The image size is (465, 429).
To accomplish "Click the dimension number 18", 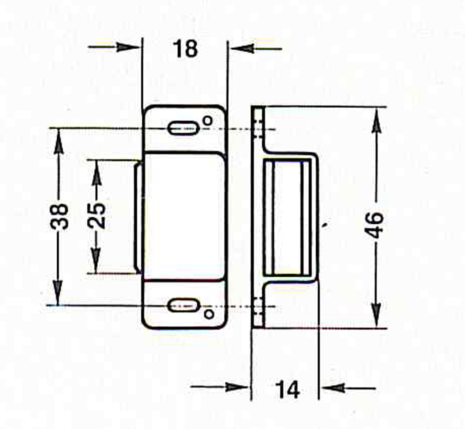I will pyautogui.click(x=185, y=48).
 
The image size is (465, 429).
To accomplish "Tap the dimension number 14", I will pyautogui.click(x=287, y=389).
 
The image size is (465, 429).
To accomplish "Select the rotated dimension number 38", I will pyautogui.click(x=61, y=216).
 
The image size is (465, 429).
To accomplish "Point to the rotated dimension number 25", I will pyautogui.click(x=97, y=216).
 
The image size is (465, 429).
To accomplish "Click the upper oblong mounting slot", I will pyautogui.click(x=184, y=128).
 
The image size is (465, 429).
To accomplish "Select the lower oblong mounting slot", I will pyautogui.click(x=184, y=305).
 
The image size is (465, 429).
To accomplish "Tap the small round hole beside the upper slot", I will pyautogui.click(x=208, y=120).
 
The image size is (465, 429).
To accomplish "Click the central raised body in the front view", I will pyautogui.click(x=184, y=216).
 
